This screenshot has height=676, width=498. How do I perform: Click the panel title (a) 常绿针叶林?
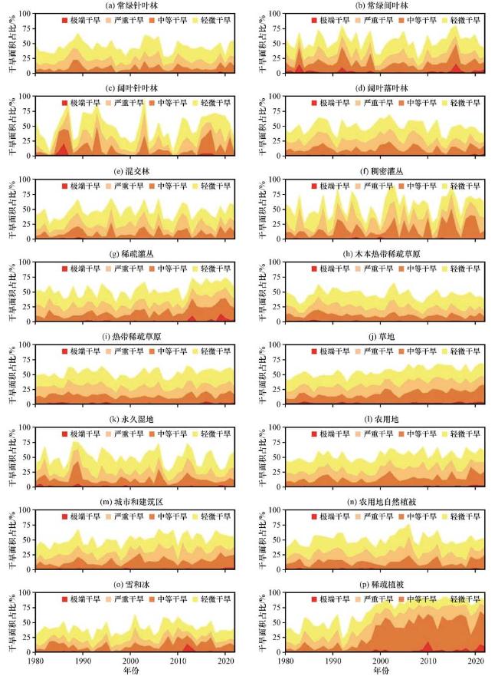point(131,5)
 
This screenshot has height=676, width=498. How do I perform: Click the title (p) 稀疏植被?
point(381,583)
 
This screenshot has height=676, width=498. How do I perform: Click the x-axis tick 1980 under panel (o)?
point(35,660)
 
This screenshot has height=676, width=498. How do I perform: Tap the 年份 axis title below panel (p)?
point(381,670)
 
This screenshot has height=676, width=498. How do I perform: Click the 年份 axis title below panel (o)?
point(131,670)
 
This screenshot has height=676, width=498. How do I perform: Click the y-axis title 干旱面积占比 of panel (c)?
point(10,127)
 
